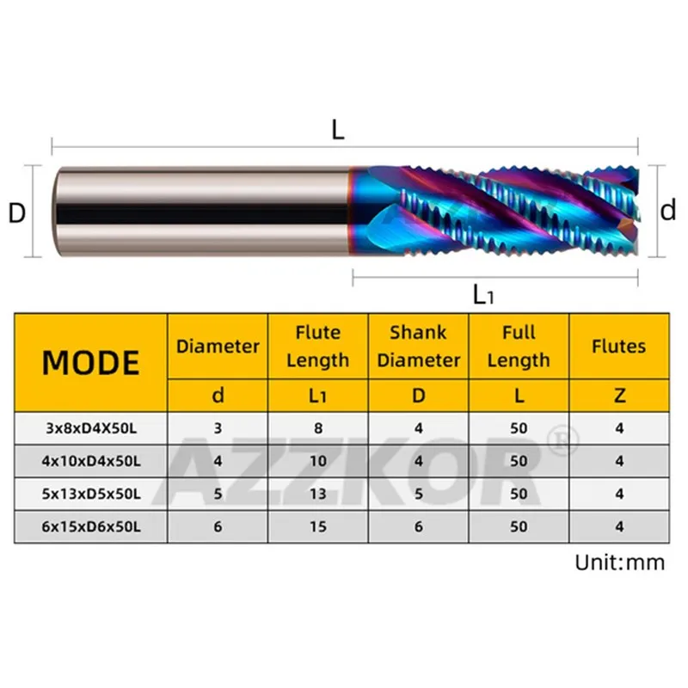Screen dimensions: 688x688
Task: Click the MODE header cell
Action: (91, 363)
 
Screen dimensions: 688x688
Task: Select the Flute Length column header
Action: (318, 347)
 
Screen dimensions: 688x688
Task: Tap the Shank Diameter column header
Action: (419, 347)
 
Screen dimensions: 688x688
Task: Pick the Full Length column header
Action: (519, 347)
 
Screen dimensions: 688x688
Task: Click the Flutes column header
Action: (619, 347)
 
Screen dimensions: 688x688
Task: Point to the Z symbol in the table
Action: (619, 396)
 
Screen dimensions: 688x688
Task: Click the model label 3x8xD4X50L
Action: (91, 427)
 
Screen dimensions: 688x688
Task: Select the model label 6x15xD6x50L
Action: (91, 526)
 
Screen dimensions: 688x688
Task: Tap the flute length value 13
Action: (318, 494)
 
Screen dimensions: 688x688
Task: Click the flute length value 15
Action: (318, 526)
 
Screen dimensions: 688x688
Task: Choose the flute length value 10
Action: (318, 461)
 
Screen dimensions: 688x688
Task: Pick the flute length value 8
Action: (318, 427)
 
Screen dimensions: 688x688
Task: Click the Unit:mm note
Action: (620, 562)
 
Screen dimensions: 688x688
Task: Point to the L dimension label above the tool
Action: (338, 130)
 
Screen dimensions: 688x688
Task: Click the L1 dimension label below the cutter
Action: (483, 295)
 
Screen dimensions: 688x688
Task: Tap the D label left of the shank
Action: (16, 213)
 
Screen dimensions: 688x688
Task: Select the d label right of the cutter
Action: (668, 210)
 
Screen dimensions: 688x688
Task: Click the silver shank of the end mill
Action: (202, 211)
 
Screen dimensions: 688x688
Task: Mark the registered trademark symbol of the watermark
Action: (562, 440)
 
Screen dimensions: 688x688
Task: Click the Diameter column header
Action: (218, 347)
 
